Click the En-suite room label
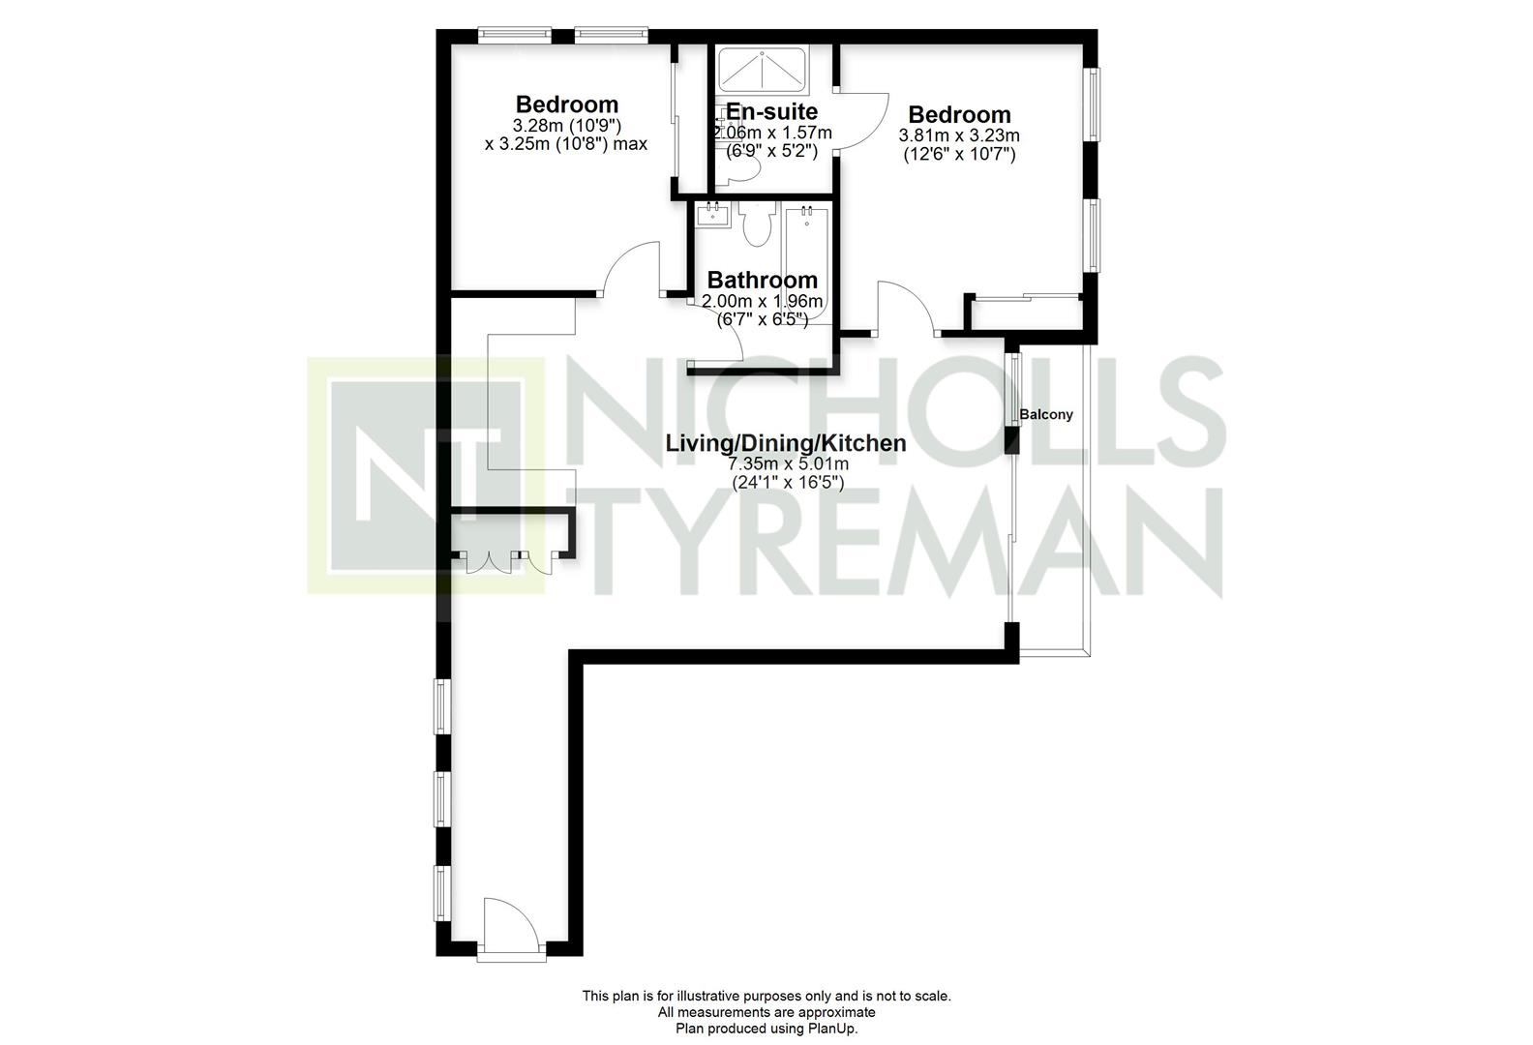coord(771,111)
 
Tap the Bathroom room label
coord(763,280)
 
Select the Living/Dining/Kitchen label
coord(786,443)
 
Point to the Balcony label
coord(1046,415)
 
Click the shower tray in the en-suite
coord(763,70)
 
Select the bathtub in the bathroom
coord(807,263)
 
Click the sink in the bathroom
coord(713,216)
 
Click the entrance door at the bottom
coord(512,927)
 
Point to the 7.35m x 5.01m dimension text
coord(788,464)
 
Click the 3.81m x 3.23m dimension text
coord(959,135)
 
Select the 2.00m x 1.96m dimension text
coord(763,301)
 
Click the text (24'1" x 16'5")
coord(789,483)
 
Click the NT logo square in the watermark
coord(426,475)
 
